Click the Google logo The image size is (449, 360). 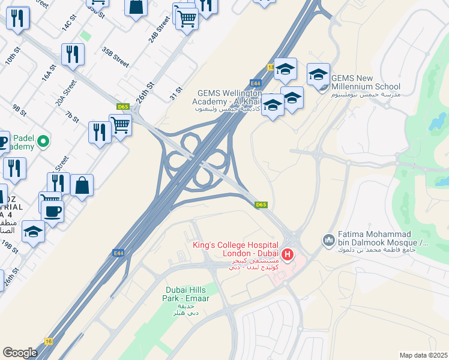(20, 353)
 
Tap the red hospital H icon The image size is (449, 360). (288, 254)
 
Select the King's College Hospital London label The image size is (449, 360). (236, 250)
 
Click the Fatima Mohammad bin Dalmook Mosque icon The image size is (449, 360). (328, 241)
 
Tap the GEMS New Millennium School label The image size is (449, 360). (366, 82)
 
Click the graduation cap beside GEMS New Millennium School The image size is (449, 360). (318, 74)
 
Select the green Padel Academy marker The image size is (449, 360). (43, 142)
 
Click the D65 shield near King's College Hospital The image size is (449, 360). (261, 205)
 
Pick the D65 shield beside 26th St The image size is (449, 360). (123, 107)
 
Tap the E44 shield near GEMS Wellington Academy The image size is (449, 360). (256, 83)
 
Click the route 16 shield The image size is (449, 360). (49, 340)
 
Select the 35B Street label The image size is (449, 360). (116, 57)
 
